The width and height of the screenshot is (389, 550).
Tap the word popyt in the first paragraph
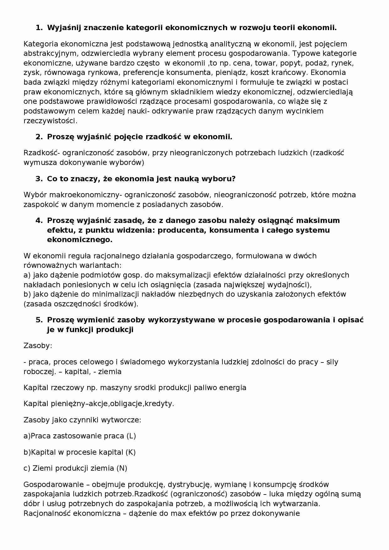(290, 63)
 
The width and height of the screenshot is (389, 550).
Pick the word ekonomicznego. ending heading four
(79, 240)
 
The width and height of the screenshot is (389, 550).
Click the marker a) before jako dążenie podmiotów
(27, 275)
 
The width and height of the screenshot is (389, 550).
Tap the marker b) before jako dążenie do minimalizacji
(27, 294)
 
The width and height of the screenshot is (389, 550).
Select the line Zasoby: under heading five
(38, 346)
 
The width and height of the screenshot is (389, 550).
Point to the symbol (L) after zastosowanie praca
(131, 436)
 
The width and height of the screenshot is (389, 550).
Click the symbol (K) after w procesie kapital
(131, 452)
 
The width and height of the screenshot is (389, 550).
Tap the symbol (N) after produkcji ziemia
(122, 468)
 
